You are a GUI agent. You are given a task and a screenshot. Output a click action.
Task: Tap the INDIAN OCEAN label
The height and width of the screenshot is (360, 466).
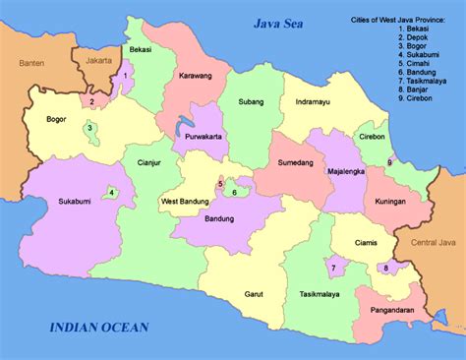pyautogui.click(x=100, y=328)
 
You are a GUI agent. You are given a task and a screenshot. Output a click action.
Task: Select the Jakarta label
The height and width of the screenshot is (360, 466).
pyautogui.click(x=99, y=61)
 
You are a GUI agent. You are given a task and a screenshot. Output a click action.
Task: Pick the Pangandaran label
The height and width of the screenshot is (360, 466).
pyautogui.click(x=394, y=309)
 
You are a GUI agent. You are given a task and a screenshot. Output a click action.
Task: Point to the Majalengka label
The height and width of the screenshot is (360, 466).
pyautogui.click(x=348, y=168)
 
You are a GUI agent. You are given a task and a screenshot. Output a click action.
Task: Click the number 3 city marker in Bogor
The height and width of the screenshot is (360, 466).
pyautogui.click(x=89, y=127)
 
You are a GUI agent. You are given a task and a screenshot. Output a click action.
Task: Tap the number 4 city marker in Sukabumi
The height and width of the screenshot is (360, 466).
pyautogui.click(x=112, y=193)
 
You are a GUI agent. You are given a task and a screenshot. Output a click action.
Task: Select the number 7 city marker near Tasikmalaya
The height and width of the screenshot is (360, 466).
pyautogui.click(x=332, y=267)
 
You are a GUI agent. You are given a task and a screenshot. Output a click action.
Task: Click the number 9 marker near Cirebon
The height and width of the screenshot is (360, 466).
pyautogui.click(x=390, y=162)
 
